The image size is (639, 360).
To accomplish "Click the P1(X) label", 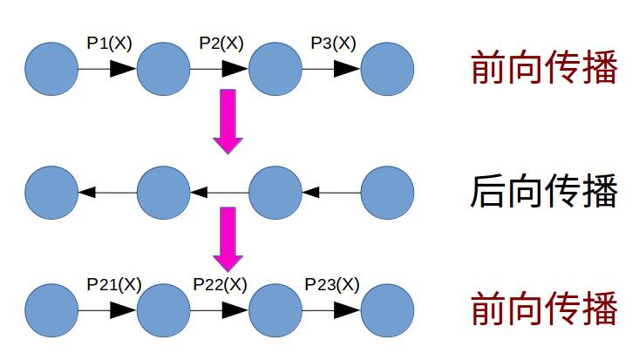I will click(109, 43).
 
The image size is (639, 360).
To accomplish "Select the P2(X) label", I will click(221, 43).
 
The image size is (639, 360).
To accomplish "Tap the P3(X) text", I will click(333, 43).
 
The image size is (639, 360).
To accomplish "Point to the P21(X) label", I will click(113, 284).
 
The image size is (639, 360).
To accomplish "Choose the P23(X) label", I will click(331, 284).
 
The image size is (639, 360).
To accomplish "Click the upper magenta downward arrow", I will click(228, 120).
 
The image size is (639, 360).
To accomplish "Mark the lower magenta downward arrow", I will click(228, 238).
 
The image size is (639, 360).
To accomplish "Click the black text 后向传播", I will click(545, 192).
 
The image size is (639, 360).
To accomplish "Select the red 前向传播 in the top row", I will click(545, 69).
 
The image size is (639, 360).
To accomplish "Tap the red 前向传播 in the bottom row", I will click(545, 309).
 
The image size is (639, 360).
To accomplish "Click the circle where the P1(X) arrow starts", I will click(51, 70).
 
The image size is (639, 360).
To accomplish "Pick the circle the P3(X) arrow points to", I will click(387, 70).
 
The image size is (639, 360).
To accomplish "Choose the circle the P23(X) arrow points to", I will click(387, 310).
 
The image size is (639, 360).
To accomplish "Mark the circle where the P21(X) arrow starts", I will click(51, 310).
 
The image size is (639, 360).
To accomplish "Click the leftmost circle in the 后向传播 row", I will click(51, 192).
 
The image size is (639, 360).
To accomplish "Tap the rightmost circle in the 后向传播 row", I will click(387, 192).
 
